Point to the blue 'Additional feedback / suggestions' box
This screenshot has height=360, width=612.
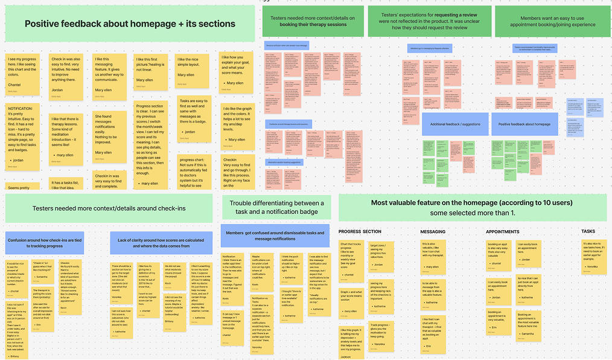click(454, 124)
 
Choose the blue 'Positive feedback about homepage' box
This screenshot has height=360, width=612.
click(521, 124)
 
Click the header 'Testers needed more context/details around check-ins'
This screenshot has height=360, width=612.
click(109, 208)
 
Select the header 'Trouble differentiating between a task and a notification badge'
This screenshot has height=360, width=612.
click(276, 207)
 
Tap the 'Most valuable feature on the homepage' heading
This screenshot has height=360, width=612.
click(471, 208)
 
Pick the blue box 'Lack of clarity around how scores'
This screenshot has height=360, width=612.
click(161, 242)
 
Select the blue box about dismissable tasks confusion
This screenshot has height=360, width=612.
click(276, 236)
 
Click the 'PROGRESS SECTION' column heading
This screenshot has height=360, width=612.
click(360, 231)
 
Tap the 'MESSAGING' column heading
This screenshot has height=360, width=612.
click(433, 231)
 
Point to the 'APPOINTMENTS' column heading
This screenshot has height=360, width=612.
click(502, 231)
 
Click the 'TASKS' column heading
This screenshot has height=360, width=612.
click(588, 231)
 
